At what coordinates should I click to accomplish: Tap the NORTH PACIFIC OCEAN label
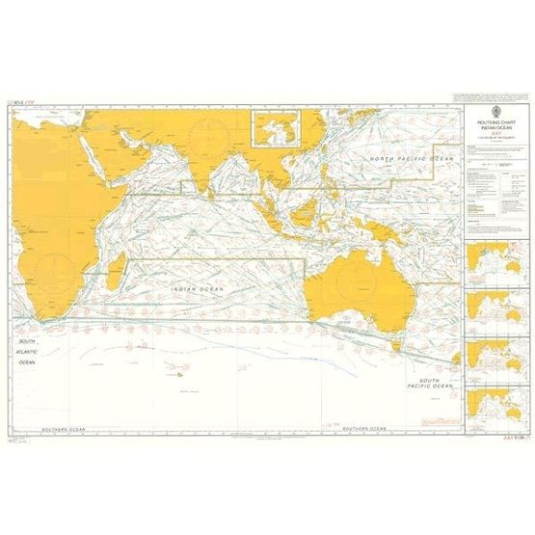coord(412,157)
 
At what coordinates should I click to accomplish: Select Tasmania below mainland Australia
coord(395,340)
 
